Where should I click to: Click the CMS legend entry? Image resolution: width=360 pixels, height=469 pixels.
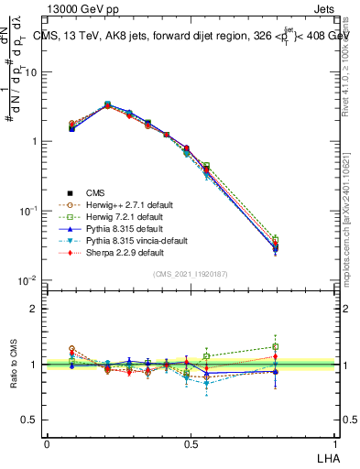point(95,192)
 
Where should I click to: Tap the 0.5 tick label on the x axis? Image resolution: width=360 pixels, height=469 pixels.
point(190,443)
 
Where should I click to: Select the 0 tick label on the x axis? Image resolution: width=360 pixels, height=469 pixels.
point(47,443)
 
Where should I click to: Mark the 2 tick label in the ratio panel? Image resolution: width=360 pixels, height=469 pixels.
point(33,309)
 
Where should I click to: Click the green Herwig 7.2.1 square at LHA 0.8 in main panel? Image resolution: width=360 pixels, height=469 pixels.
point(276,238)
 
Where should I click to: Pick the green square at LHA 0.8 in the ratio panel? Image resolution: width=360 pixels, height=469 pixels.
point(276,347)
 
